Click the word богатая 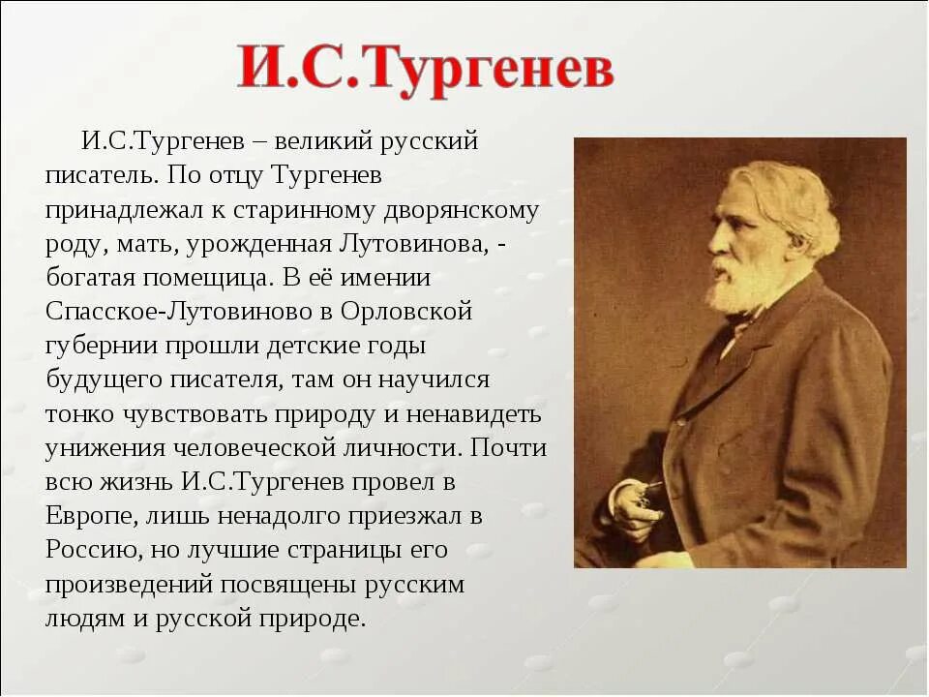tap(93, 278)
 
